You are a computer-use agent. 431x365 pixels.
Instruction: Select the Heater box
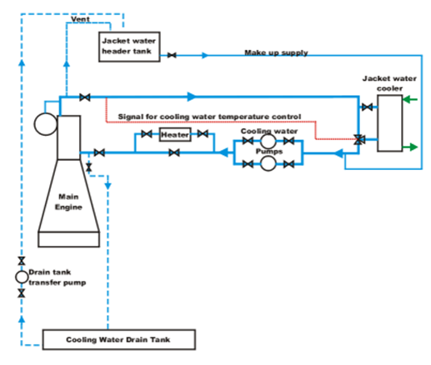tap(175, 135)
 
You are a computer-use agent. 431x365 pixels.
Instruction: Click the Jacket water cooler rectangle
tap(388, 122)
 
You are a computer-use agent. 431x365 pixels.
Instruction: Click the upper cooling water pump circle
tap(268, 141)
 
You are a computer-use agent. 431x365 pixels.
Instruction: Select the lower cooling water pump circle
tap(268, 164)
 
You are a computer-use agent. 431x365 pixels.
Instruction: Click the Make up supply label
tap(276, 52)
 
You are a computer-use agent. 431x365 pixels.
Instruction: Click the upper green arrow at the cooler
tap(409, 102)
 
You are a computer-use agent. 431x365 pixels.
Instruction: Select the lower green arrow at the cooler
tap(409, 147)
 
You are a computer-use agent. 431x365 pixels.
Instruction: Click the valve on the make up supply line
tap(172, 55)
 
